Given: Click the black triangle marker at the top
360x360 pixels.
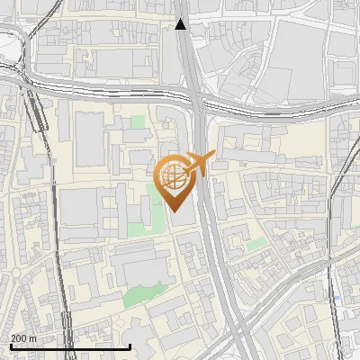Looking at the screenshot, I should tap(181, 24).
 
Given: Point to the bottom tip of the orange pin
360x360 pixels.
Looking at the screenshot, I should tap(175, 211).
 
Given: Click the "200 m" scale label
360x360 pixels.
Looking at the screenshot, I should tap(23, 337).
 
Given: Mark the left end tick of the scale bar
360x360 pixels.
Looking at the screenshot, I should tap(10, 346).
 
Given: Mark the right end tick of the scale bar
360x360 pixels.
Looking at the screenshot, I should tap(130, 346).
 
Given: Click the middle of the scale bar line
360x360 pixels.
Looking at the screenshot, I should tap(70, 346).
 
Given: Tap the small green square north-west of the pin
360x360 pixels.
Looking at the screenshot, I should tap(138, 122).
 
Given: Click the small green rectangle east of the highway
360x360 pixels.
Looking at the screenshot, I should tap(257, 243).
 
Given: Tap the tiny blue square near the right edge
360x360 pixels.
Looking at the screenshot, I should tap(335, 296).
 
